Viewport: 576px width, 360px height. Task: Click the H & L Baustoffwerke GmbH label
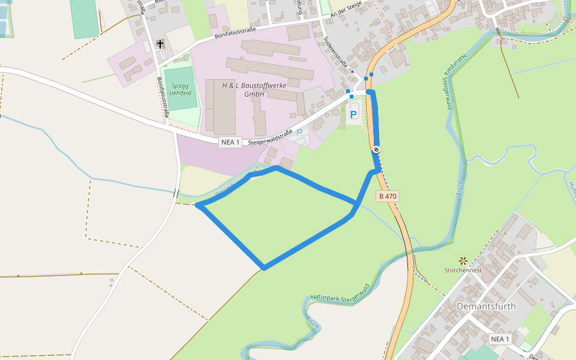pos(254,89)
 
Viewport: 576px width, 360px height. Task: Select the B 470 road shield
pos(387,196)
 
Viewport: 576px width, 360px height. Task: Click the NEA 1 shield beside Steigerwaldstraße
pos(230,142)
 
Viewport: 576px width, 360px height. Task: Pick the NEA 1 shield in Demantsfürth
pos(499,339)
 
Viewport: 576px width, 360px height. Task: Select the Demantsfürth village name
pos(486,306)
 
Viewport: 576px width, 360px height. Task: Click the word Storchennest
pos(463,270)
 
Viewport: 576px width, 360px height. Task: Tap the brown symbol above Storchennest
pos(463,260)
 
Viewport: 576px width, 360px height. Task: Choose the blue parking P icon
pos(353,113)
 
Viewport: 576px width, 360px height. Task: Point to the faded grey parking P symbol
pos(299,132)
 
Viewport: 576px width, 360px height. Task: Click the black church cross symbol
pos(160,44)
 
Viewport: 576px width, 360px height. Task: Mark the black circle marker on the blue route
pos(376,149)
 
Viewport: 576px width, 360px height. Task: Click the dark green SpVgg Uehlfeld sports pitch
pos(180,89)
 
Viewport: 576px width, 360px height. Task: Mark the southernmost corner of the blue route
pos(263,267)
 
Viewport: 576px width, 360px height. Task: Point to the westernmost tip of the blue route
pos(198,206)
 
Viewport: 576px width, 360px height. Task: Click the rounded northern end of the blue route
pos(370,92)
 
